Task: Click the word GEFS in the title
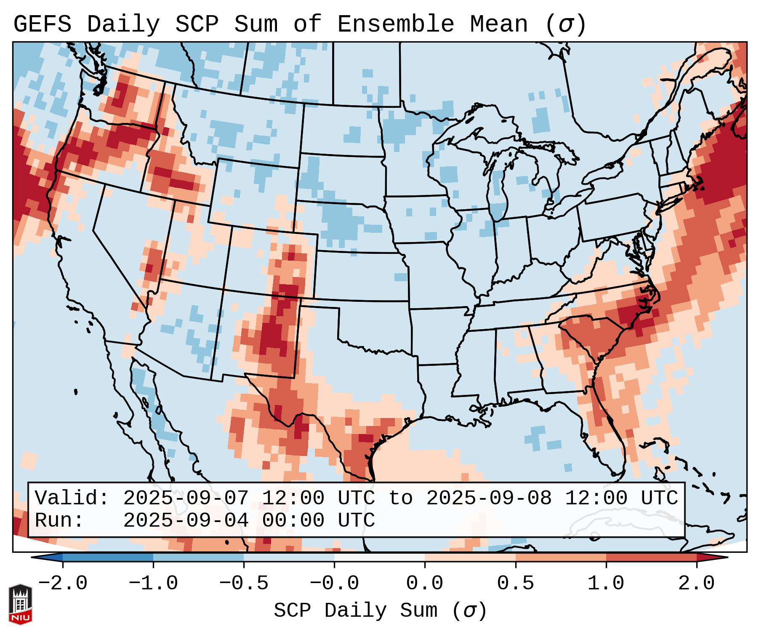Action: click(42, 24)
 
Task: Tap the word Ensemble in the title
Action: click(396, 24)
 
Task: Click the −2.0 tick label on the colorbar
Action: click(63, 583)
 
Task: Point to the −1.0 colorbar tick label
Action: click(153, 583)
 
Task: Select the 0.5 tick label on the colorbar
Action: click(516, 583)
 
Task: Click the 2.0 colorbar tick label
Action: click(697, 583)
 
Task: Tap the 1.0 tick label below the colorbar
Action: click(606, 583)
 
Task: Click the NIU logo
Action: click(20, 605)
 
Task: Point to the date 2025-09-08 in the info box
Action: click(489, 498)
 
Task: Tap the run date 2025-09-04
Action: click(186, 521)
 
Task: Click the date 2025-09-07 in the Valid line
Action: click(186, 498)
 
